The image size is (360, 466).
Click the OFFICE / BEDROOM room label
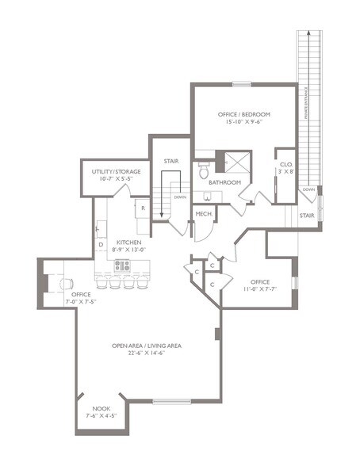(x=244, y=114)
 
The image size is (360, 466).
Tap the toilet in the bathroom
(x=204, y=170)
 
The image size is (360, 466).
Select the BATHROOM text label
(x=224, y=183)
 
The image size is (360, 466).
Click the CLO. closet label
(x=285, y=165)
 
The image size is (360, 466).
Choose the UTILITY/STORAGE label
(x=110, y=171)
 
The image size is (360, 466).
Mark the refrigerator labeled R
(x=143, y=209)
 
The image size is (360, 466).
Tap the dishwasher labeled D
(x=101, y=245)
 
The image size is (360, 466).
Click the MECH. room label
(x=203, y=214)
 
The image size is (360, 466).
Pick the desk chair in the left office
(x=64, y=283)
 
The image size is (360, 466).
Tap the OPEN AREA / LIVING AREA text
(x=148, y=346)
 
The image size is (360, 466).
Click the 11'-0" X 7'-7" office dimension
(x=260, y=290)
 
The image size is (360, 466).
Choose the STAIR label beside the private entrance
(x=307, y=214)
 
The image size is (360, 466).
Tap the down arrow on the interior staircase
(x=180, y=198)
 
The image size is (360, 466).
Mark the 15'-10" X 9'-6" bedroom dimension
(x=244, y=123)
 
